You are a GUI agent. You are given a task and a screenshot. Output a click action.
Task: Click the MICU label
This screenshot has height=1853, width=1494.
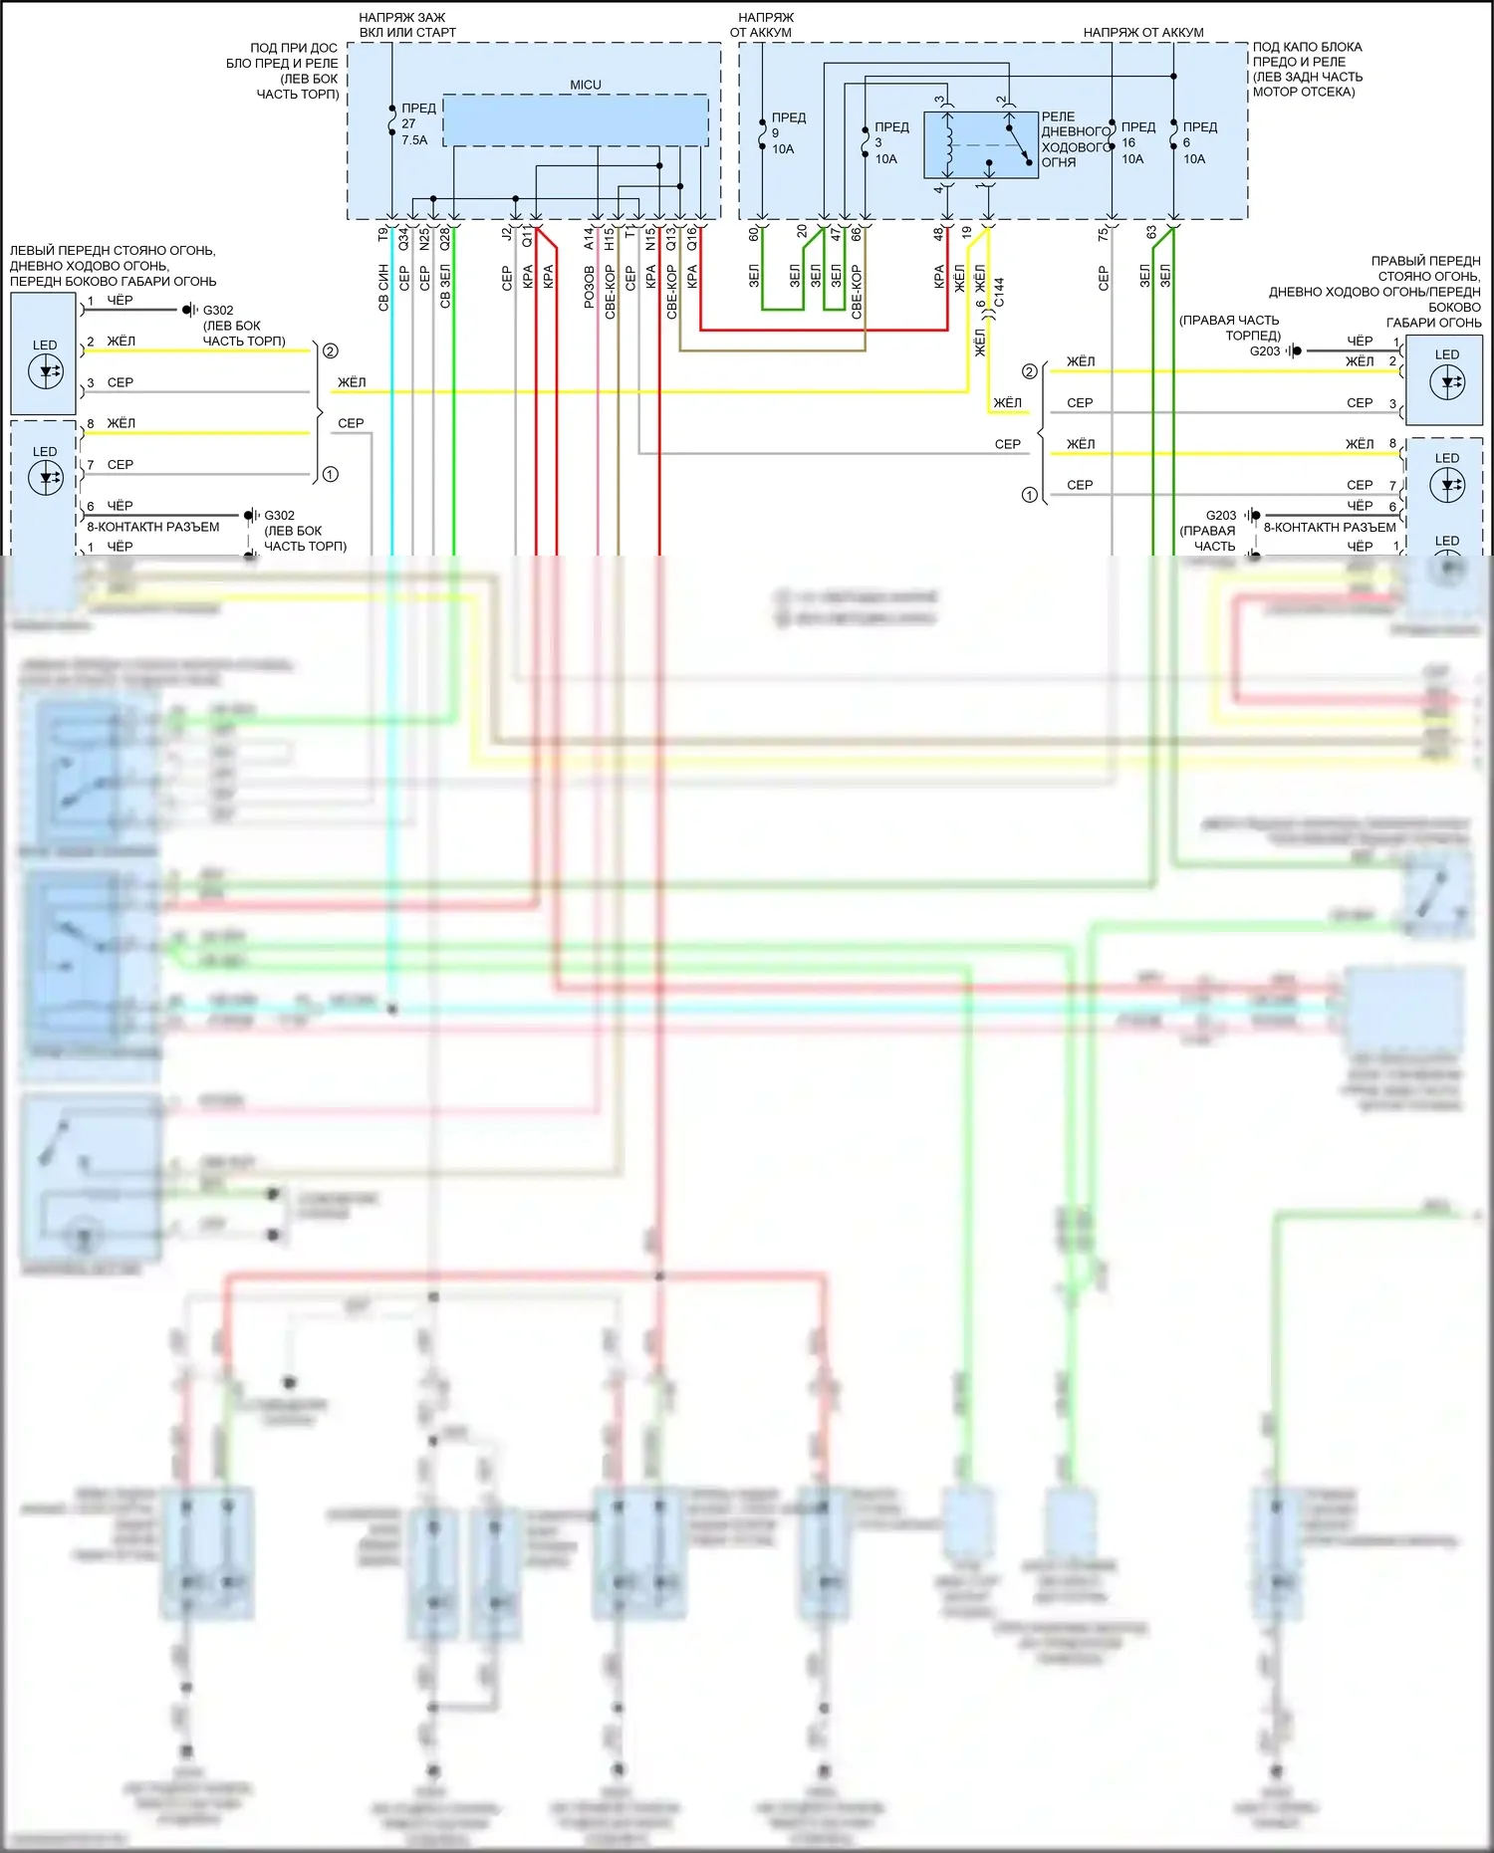coord(586,85)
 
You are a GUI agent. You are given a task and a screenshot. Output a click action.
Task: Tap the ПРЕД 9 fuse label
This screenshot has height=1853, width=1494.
coord(788,133)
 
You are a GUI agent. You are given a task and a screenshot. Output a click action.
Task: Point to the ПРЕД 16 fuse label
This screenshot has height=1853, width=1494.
coord(1137,142)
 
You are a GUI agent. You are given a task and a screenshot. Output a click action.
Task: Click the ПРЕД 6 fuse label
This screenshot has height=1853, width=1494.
coord(1199,142)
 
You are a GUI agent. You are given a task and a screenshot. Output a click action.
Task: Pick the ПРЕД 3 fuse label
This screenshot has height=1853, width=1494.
coord(890,142)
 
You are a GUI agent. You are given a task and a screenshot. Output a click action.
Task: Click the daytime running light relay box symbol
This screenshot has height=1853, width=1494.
coord(980,145)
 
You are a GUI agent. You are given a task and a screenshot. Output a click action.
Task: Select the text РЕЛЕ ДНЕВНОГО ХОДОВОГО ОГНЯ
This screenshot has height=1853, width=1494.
coord(1075,139)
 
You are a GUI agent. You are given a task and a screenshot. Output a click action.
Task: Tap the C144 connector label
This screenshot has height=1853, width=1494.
coord(999,292)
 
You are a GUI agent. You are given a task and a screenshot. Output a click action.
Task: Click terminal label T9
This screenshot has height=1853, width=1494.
coord(383,234)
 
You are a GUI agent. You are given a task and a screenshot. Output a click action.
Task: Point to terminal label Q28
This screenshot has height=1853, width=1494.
coord(445,238)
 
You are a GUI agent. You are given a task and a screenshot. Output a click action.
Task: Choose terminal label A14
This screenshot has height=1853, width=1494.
coord(589,238)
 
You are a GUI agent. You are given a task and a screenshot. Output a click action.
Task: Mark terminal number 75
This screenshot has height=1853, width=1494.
coord(1103,233)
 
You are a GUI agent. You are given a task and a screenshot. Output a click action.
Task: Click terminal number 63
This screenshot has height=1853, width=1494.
coord(1151,233)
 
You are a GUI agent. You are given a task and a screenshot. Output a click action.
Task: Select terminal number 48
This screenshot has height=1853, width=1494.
coord(938,234)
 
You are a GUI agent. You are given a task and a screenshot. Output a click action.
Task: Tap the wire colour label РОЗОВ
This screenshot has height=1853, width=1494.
coord(589,287)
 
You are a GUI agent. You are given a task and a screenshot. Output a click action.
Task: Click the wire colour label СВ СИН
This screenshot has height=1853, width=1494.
coord(383,288)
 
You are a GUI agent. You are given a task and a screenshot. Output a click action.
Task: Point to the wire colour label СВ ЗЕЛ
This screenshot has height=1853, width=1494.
coord(445,287)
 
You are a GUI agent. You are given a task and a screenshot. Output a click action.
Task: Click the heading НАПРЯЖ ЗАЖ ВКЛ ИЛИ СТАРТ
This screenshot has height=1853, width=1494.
coord(406,25)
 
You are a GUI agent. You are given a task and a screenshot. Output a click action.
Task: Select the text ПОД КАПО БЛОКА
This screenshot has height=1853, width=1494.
coord(1307,47)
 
